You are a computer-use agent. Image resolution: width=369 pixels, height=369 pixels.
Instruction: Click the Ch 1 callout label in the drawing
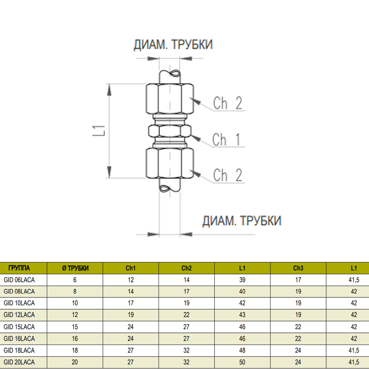(227, 140)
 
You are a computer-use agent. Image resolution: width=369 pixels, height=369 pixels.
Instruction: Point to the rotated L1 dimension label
(99, 131)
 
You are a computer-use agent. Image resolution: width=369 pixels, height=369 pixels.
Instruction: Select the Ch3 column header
(298, 268)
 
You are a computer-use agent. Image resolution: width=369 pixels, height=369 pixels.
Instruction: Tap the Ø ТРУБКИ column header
(75, 268)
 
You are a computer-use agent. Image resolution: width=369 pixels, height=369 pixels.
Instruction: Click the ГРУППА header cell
(19, 268)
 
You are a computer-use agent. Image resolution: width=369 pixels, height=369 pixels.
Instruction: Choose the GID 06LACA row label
(19, 280)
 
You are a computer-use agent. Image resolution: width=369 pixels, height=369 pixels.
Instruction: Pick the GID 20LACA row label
(19, 362)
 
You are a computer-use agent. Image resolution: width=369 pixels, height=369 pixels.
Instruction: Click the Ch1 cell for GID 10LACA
(131, 303)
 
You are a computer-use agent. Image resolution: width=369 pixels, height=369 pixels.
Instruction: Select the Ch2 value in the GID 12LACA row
(186, 315)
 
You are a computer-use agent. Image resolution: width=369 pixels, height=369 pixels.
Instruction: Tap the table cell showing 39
(242, 280)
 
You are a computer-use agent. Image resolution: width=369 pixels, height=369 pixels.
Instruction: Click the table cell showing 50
(242, 362)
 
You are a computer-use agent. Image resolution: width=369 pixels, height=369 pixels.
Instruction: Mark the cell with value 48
(242, 351)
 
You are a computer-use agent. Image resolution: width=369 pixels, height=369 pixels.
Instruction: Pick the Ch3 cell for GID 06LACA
(298, 280)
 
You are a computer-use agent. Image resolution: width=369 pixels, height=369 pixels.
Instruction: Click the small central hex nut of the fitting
(170, 131)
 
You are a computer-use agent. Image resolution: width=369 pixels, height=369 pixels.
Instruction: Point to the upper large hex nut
(170, 99)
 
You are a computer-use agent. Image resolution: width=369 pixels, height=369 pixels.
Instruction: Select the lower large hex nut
(170, 163)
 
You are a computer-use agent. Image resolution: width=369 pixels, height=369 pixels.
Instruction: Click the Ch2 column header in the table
(186, 268)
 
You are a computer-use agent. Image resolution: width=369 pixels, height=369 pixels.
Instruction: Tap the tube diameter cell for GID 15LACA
(75, 327)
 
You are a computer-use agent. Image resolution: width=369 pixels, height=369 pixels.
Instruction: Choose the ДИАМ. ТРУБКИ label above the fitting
(173, 45)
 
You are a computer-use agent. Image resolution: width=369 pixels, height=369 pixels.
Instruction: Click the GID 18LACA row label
(19, 351)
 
